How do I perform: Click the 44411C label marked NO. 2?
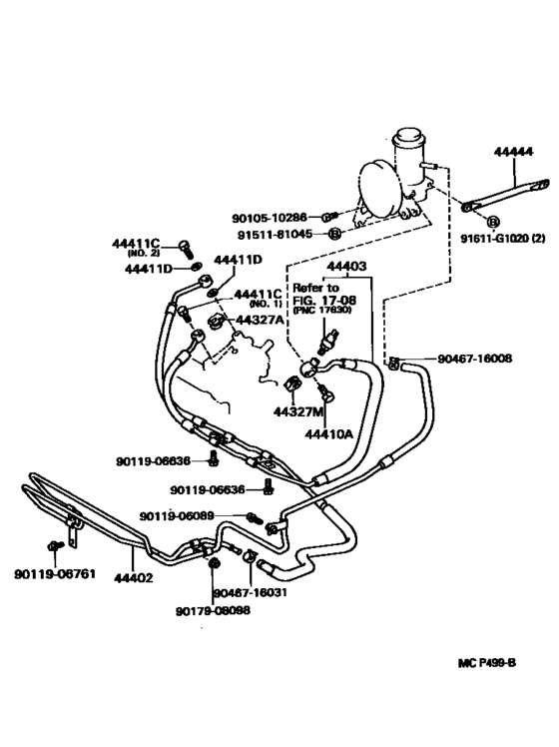137,244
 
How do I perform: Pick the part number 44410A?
330,434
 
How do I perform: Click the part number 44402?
133,576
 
